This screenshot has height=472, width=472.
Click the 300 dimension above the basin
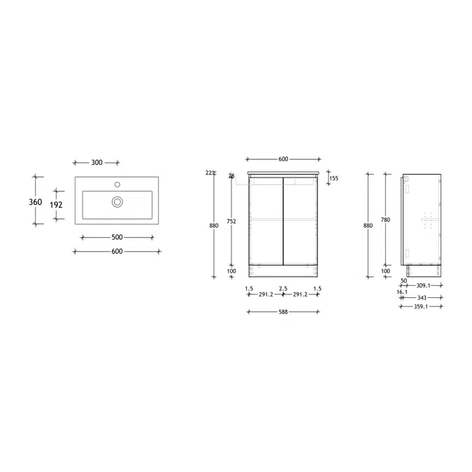pos(97,162)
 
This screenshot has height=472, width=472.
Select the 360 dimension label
pos(36,202)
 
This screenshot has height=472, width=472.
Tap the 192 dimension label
pos(58,206)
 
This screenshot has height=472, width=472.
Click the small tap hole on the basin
pos(118,186)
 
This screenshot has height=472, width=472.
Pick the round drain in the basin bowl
pos(117,202)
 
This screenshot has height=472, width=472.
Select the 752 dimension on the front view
pos(232,222)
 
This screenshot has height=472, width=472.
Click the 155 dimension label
pos(334,178)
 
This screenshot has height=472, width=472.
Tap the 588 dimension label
pos(283,312)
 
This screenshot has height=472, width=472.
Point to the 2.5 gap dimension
pos(283,288)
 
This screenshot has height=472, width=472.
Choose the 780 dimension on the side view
pos(385,220)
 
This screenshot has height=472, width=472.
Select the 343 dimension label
pos(421,297)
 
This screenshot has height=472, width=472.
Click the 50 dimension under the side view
pos(403,281)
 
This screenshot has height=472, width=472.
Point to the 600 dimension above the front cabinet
pos(283,159)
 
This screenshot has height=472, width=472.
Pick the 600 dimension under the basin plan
pos(117,251)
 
